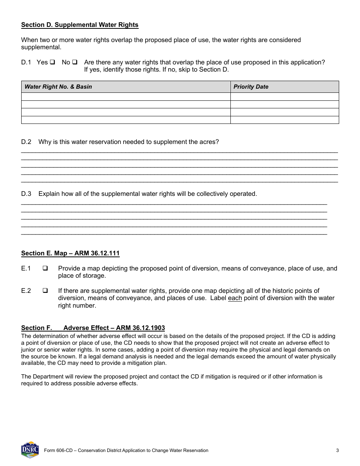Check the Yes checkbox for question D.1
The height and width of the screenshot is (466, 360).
tap(52, 62)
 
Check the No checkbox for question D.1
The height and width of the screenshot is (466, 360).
tap(75, 62)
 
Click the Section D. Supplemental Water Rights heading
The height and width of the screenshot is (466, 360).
tap(80, 25)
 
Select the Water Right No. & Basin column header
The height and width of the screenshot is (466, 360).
tap(58, 87)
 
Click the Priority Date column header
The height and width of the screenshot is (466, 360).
tap(250, 87)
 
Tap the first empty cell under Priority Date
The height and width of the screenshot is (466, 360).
tap(284, 97)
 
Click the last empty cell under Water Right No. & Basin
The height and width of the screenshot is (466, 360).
tap(125, 120)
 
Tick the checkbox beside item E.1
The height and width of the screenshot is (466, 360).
tap(45, 269)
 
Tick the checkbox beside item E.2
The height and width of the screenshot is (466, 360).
tap(45, 291)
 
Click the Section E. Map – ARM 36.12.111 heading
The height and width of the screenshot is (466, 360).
tap(70, 253)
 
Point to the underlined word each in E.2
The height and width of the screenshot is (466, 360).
tap(235, 298)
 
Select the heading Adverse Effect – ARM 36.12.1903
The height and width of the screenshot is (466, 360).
tap(114, 328)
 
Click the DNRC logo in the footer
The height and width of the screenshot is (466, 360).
tap(30, 450)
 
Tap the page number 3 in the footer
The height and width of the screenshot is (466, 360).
tap(337, 450)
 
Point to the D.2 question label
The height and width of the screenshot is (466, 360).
tap(26, 142)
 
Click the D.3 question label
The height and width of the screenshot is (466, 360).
tap(26, 194)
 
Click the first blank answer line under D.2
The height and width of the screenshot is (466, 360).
tap(179, 151)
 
